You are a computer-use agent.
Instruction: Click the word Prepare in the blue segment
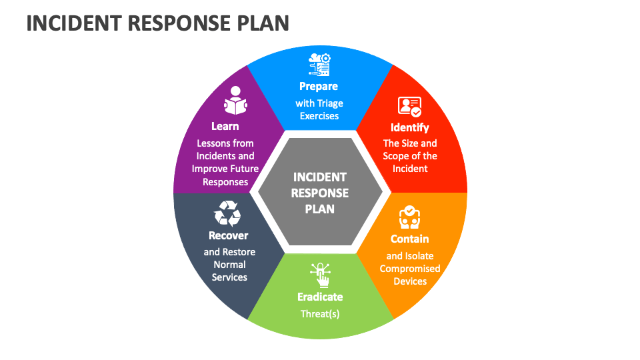point(319,86)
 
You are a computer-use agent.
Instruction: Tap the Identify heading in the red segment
point(410,127)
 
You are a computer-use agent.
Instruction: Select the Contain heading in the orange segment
point(409,239)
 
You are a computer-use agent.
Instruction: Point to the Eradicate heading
point(320,297)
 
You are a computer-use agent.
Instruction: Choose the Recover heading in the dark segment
point(228,235)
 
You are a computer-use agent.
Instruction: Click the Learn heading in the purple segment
point(225,126)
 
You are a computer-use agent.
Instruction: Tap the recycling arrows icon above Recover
point(227,214)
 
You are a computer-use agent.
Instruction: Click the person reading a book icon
point(235,101)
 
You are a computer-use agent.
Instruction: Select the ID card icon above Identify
point(409,107)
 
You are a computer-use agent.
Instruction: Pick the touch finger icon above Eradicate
point(320,275)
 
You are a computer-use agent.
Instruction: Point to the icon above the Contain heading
point(409,217)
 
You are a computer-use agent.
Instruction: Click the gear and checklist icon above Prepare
point(319,65)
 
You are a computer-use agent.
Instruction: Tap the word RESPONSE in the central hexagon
point(320,193)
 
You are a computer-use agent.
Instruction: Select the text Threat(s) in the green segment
point(320,313)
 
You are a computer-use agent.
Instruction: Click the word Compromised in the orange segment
point(410,269)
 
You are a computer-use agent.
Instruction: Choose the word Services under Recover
point(229,277)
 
